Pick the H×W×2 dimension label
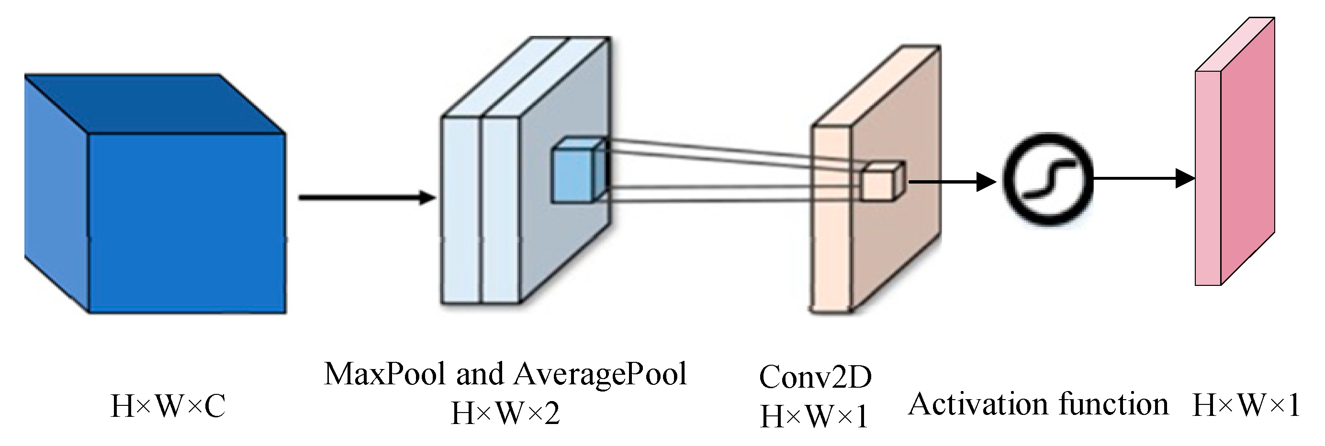505,413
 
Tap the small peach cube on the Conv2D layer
881,183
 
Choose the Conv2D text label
815,377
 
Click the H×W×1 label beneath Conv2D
814,416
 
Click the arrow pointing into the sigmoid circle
952,181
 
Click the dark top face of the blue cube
154,103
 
